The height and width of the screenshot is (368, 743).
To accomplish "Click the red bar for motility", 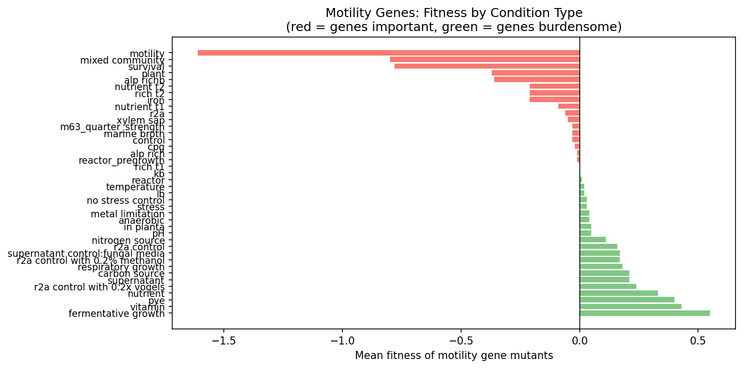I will pos(389,53).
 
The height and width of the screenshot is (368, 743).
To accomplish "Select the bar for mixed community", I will pos(485,60).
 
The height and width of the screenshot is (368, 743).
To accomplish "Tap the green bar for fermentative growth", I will pos(644,313).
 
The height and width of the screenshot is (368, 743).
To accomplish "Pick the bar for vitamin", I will pos(630,306).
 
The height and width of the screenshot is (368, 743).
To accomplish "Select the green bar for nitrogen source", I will pos(592,240).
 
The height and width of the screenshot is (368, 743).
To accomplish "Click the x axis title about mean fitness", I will pos(454,355).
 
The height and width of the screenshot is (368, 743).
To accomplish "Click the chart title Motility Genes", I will pos(454,13).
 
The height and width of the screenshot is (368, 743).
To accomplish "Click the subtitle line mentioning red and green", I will pos(454,27).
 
